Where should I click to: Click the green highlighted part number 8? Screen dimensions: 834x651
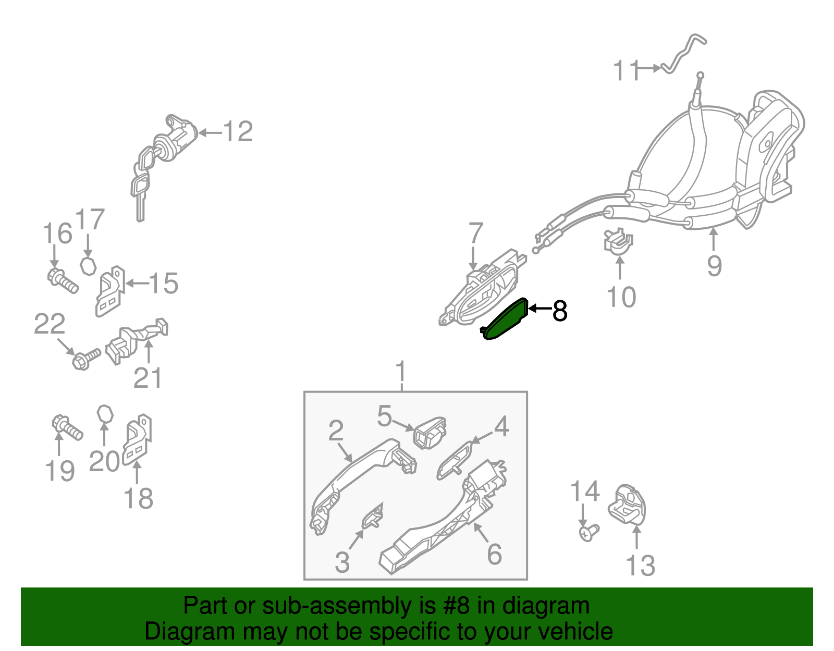505,319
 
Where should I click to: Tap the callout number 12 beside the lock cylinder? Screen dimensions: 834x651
238,131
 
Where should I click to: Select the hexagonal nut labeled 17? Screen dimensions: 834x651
88,266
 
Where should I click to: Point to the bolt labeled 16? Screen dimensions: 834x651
63,281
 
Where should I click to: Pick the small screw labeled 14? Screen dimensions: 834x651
588,533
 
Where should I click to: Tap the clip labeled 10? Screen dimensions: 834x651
618,240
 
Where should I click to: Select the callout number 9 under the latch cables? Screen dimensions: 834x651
714,266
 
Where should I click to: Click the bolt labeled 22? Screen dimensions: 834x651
86,359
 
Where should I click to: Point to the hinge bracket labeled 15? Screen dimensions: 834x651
110,291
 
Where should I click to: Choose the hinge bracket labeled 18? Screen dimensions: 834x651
137,439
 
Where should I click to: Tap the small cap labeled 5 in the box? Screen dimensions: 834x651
430,432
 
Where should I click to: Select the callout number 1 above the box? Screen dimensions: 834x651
401,371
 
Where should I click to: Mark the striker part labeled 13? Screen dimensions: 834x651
627,505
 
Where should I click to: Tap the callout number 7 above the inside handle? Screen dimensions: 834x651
476,232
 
